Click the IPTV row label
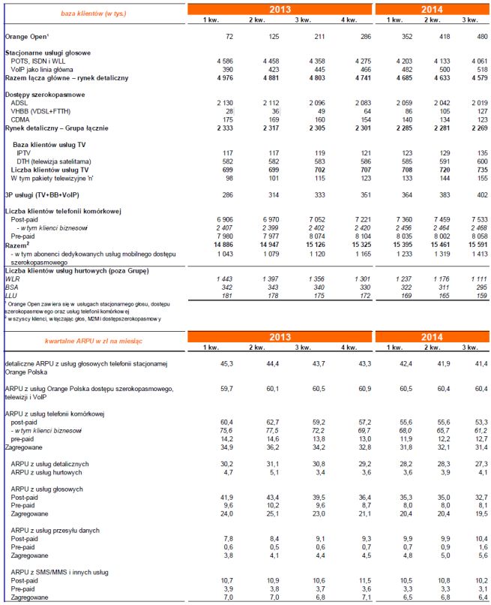tap(24, 152)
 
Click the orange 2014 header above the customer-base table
tap(431, 9)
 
